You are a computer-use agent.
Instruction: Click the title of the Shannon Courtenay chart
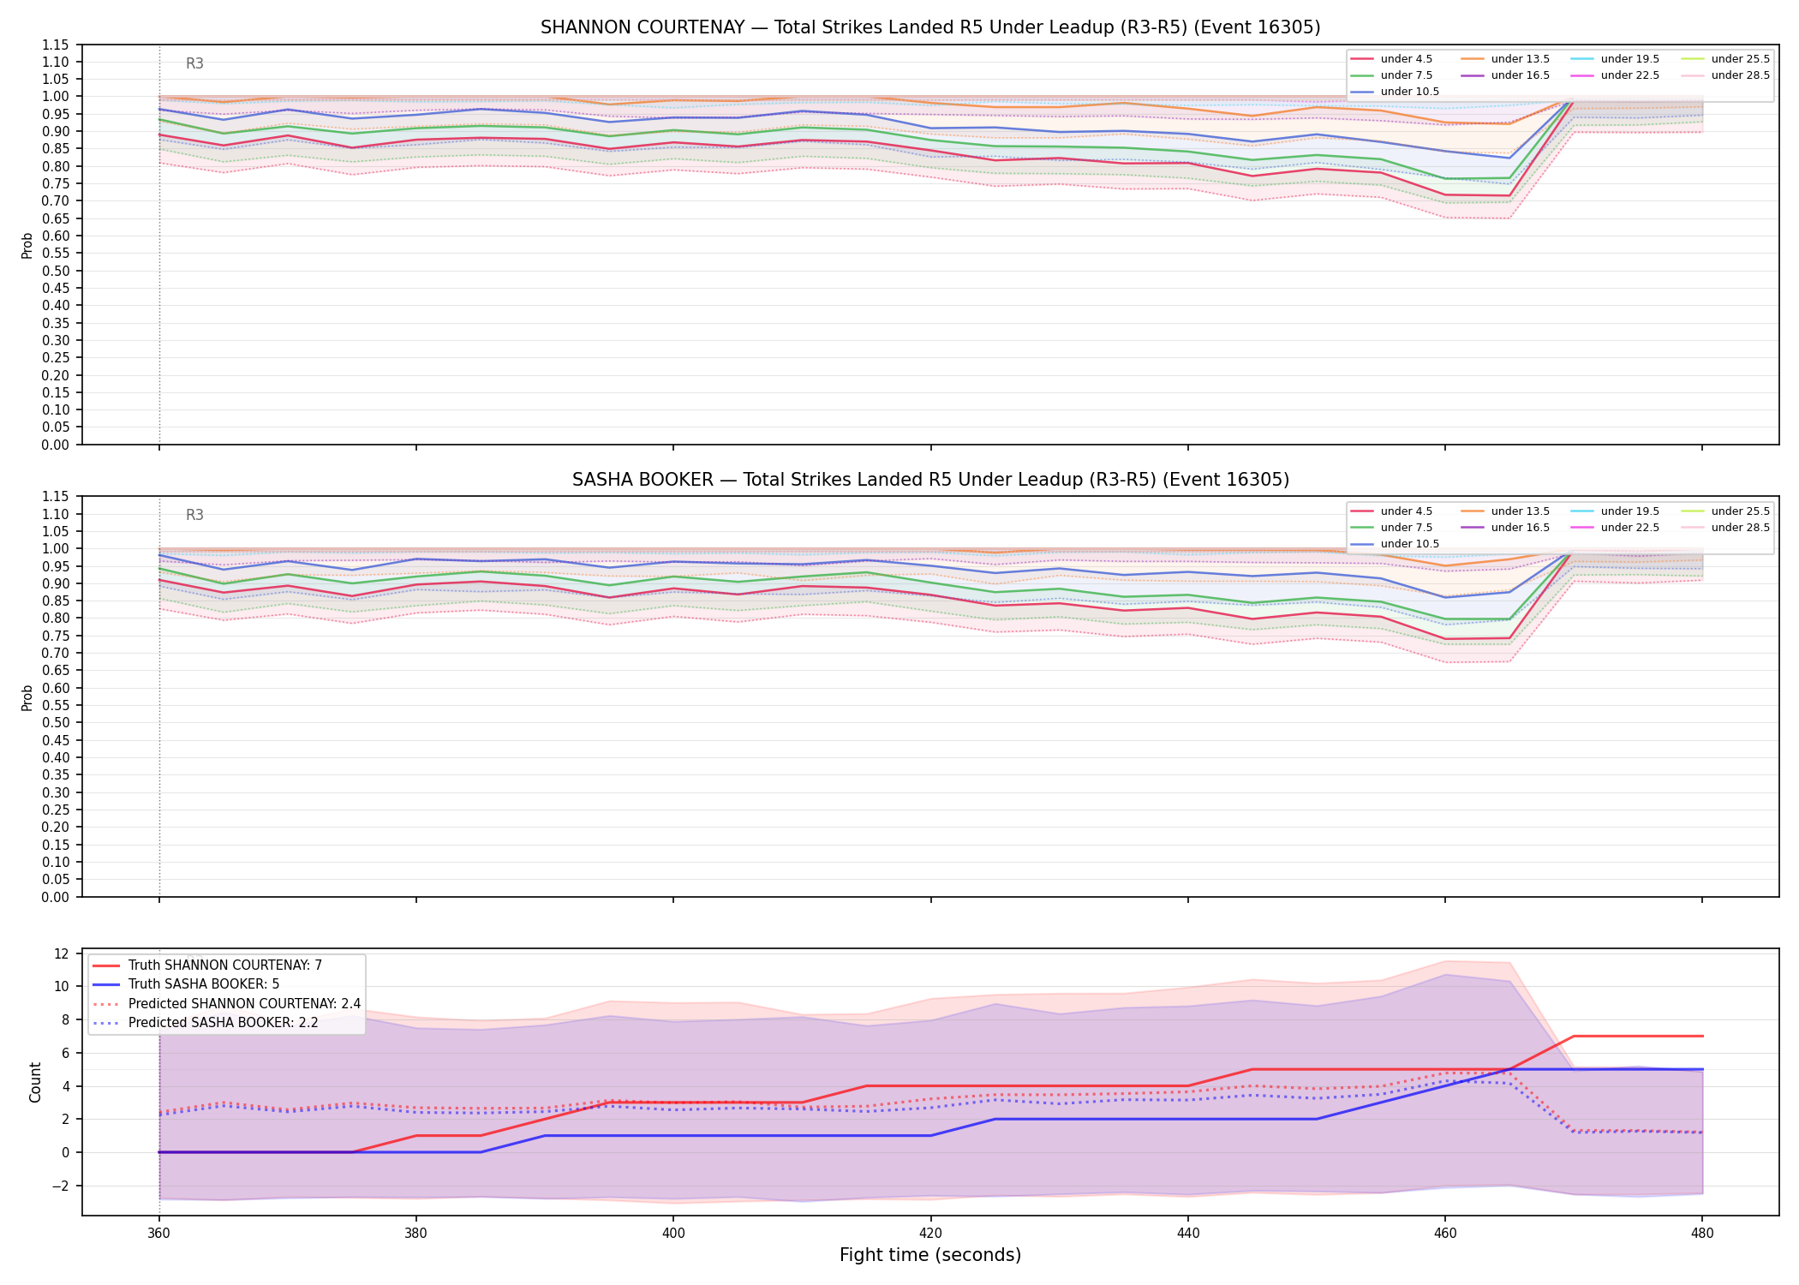[x=930, y=27]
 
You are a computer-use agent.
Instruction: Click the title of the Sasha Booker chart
[x=930, y=480]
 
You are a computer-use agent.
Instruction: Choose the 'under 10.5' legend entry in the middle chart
[x=1396, y=544]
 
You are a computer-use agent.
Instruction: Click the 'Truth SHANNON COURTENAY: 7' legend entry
[x=206, y=965]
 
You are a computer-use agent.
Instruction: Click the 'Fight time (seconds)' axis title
[x=930, y=1255]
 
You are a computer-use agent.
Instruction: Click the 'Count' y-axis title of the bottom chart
[x=35, y=1082]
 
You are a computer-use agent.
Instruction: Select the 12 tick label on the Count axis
[x=61, y=953]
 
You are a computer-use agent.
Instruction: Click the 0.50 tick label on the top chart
[x=57, y=271]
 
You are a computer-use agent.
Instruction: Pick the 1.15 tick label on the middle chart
[x=57, y=497]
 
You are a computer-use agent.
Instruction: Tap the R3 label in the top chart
[x=194, y=63]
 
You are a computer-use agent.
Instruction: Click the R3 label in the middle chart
[x=194, y=515]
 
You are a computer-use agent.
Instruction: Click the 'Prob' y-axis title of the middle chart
[x=27, y=697]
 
